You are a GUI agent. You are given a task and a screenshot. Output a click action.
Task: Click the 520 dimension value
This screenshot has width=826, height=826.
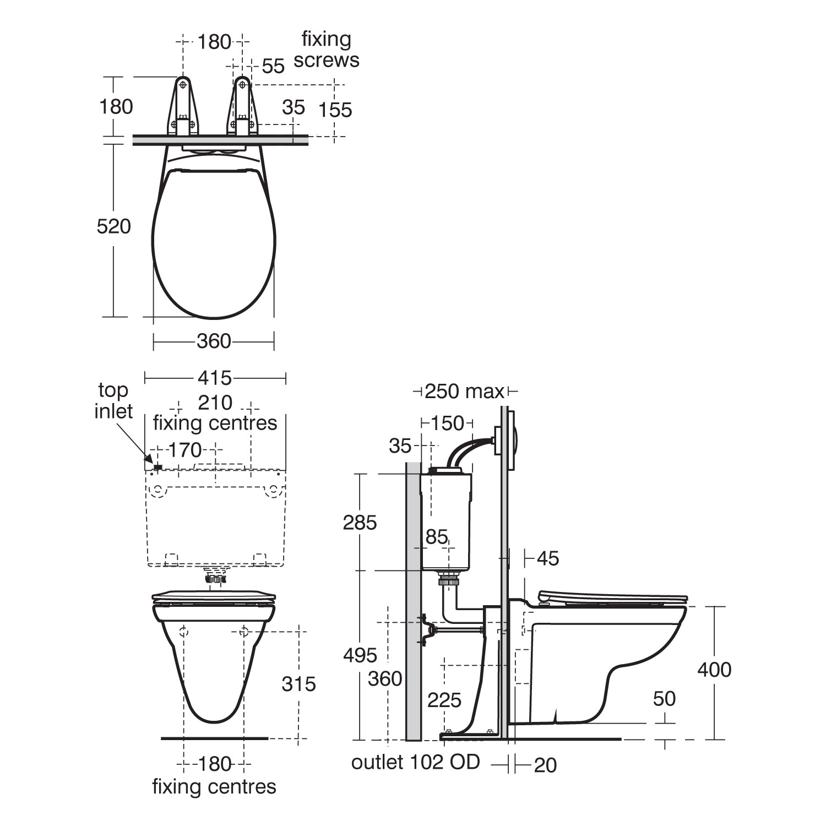pos(114,226)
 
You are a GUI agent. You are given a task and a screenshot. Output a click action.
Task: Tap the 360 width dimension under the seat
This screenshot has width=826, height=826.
pos(214,341)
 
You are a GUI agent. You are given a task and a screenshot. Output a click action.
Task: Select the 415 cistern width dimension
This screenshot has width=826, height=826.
pos(215,378)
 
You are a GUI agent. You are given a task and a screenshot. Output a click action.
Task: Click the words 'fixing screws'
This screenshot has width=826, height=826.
pos(326,50)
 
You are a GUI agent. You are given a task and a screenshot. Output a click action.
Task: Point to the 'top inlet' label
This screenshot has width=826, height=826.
pos(113,400)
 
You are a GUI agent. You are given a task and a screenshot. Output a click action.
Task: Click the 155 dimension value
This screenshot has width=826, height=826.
pos(335,110)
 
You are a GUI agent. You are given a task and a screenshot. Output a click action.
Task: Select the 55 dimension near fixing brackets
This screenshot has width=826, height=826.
pos(273,66)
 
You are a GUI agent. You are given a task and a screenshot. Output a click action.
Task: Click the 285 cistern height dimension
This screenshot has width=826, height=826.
pos(360,522)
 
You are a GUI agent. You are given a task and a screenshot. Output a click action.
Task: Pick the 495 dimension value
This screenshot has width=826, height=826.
pos(360,655)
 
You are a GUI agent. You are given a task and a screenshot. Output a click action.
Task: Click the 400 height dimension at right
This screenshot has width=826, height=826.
pos(714,670)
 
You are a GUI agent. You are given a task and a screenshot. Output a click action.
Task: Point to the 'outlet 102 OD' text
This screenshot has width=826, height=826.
pos(416,763)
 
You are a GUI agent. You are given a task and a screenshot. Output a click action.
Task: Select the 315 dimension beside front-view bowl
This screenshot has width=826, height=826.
pos(298,684)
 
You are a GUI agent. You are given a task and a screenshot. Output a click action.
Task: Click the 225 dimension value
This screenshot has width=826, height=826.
pos(444,700)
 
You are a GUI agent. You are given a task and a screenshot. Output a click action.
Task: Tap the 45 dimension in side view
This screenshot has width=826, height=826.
pos(547,558)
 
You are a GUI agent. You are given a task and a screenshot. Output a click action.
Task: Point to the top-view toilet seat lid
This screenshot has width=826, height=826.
pos(214,242)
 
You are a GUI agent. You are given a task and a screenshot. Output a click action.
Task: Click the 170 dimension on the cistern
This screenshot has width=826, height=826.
pos(185,450)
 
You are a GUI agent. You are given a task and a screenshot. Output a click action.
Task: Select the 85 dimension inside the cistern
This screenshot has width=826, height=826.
pos(437,537)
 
